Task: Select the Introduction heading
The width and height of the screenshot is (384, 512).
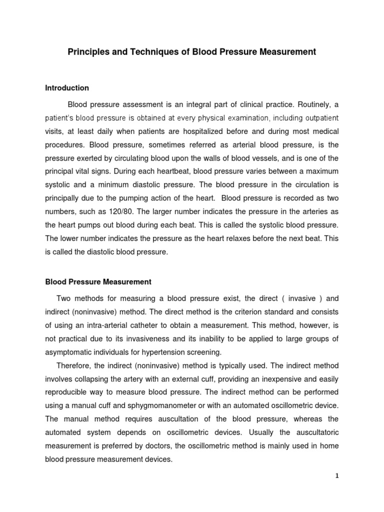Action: (67, 88)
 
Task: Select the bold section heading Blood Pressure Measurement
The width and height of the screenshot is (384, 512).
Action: (98, 282)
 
